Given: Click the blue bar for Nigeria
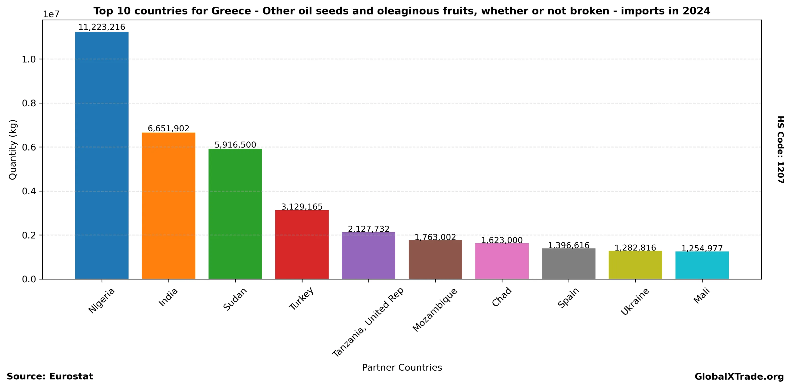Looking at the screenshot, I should pyautogui.click(x=102, y=155).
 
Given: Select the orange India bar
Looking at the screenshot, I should pyautogui.click(x=168, y=206).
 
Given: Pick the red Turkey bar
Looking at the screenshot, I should pyautogui.click(x=302, y=245).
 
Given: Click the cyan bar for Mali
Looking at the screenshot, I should pyautogui.click(x=702, y=265).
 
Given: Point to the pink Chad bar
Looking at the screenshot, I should pyautogui.click(x=502, y=261).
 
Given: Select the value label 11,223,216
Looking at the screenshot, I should pyautogui.click(x=102, y=27).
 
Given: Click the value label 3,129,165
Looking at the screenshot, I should pyautogui.click(x=302, y=207).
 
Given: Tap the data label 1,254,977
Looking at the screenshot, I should pyautogui.click(x=702, y=248).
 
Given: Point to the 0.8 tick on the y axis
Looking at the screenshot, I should pyautogui.click(x=29, y=103).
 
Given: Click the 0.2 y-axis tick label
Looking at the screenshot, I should pyautogui.click(x=29, y=235).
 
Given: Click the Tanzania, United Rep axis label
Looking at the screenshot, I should pyautogui.click(x=368, y=322).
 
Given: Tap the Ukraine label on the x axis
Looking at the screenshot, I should pyautogui.click(x=635, y=301).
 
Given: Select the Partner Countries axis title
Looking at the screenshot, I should pyautogui.click(x=402, y=367).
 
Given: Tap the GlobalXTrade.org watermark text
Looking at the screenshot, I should pyautogui.click(x=739, y=377).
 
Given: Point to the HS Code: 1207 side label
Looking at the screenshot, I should pyautogui.click(x=780, y=150).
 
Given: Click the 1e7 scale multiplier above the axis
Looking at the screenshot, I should pyautogui.click(x=51, y=14).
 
